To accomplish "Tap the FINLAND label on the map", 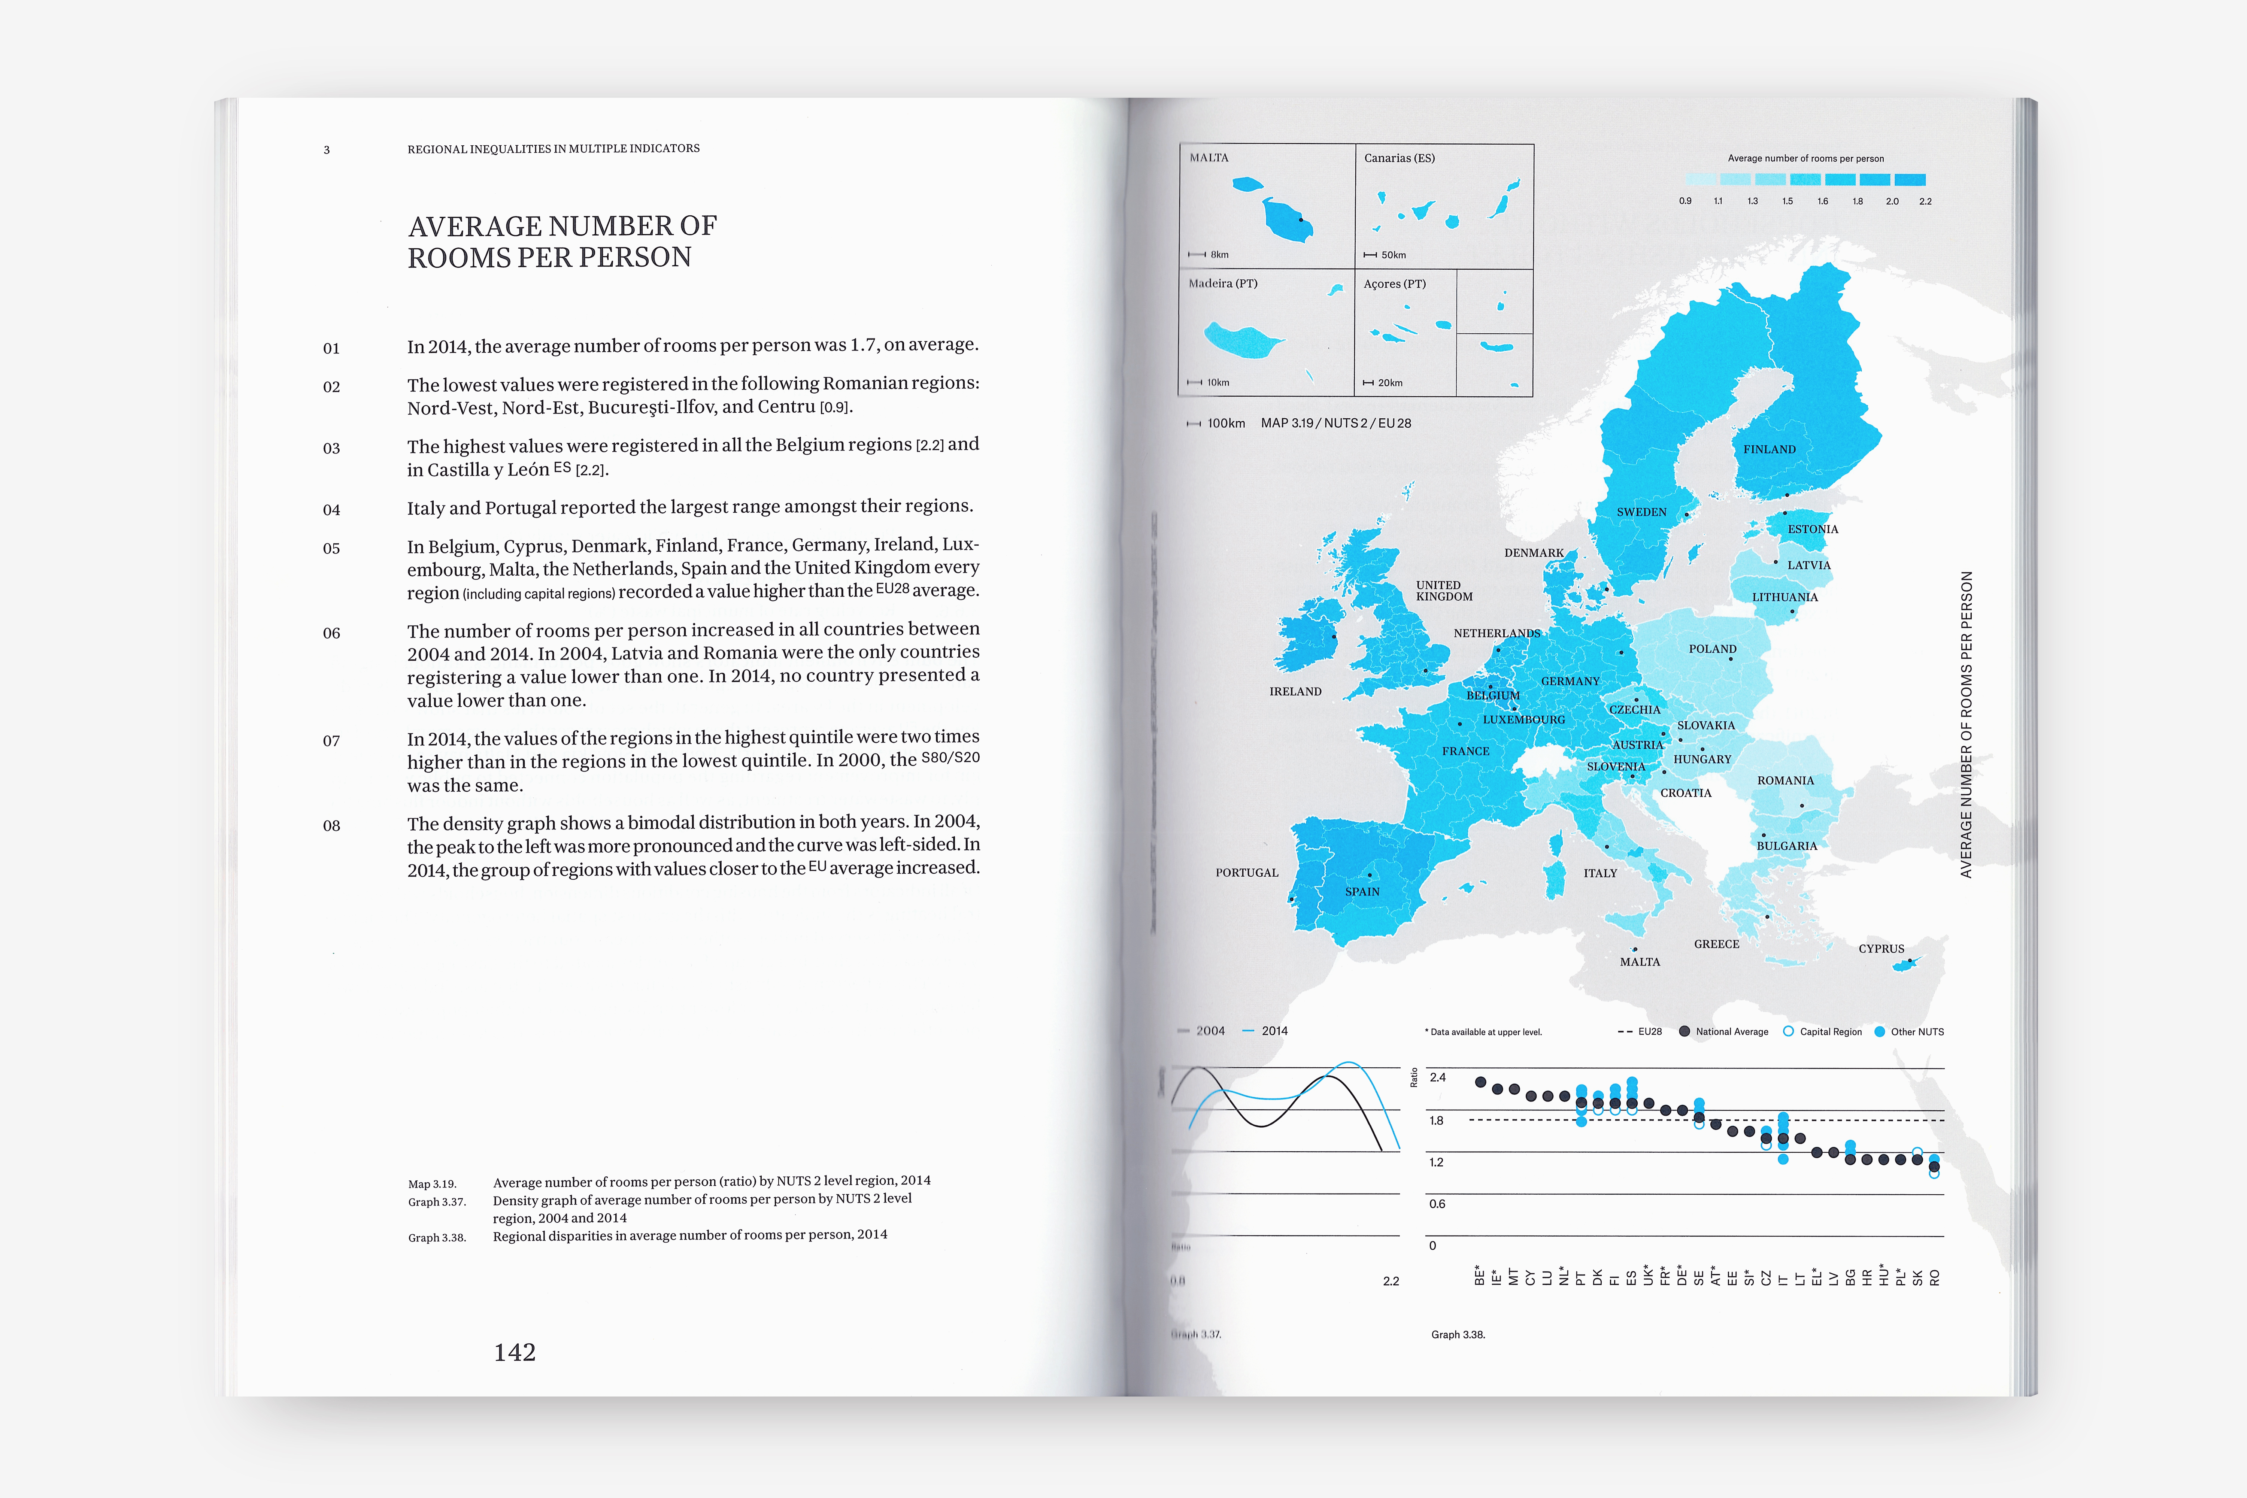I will [1769, 449].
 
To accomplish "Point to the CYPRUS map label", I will [1881, 949].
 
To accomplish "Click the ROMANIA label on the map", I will [1784, 780].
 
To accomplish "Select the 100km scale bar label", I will [1226, 423].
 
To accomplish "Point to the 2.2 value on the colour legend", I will [1925, 201].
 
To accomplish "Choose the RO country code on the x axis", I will [1935, 1277].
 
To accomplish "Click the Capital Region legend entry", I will [1829, 1032].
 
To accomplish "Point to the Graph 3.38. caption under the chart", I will [1458, 1335].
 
